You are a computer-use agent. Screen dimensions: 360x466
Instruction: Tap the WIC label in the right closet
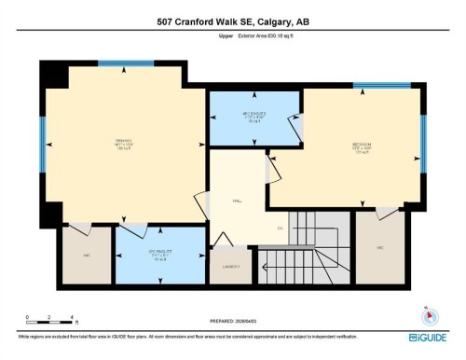point(382,248)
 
